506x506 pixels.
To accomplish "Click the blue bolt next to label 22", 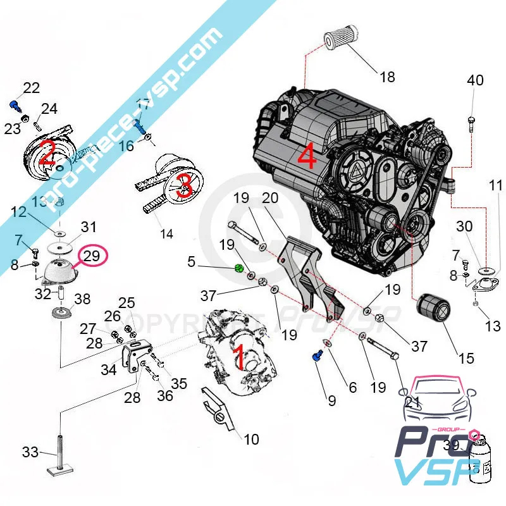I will [14, 105].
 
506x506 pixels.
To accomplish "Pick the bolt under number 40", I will [472, 121].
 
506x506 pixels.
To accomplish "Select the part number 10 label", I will [251, 439].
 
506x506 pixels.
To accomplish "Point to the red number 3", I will [184, 185].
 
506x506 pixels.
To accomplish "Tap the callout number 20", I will [270, 199].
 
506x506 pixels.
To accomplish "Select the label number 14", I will [166, 233].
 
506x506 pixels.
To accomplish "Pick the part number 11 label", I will [495, 185].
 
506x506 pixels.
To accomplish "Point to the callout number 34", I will [108, 369].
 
